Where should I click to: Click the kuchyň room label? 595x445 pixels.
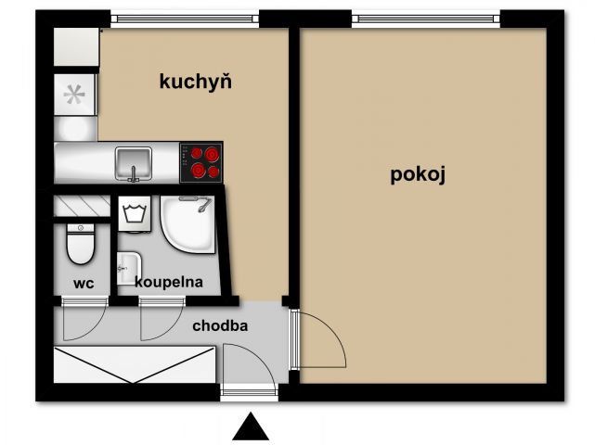coord(196,82)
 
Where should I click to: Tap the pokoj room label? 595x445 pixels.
coord(418,174)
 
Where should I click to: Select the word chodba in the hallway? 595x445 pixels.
coord(220,325)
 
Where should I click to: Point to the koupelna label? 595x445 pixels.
coord(169,282)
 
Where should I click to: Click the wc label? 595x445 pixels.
coord(84,283)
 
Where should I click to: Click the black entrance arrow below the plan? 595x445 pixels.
coord(251,426)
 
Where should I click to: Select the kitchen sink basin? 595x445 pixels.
coord(134,163)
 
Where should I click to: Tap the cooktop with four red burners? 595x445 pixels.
coord(200,162)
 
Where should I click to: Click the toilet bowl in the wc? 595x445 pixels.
coord(80,244)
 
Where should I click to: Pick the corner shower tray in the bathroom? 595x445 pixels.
coord(188,223)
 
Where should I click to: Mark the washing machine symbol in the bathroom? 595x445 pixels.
coord(135,214)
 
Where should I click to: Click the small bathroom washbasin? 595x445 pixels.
coord(129,268)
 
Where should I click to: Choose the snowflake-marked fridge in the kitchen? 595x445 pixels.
coord(74,95)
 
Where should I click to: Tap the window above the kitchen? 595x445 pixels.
coord(185,19)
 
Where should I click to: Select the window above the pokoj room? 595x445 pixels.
coord(426,19)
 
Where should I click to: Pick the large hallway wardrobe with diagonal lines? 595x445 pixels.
coord(135,364)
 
